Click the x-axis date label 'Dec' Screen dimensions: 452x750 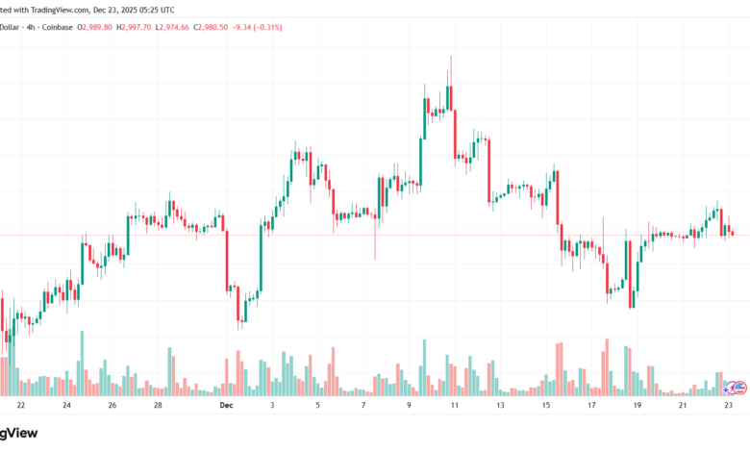[x=226, y=406]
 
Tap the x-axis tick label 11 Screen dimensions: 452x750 [x=453, y=406]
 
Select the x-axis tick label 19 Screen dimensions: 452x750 [x=637, y=406]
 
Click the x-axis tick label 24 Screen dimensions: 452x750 [x=66, y=406]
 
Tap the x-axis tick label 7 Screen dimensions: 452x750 [x=362, y=406]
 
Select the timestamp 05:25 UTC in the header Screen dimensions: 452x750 [x=149, y=9]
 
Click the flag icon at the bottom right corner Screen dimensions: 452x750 [x=737, y=387]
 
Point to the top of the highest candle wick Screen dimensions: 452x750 [x=451, y=56]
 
